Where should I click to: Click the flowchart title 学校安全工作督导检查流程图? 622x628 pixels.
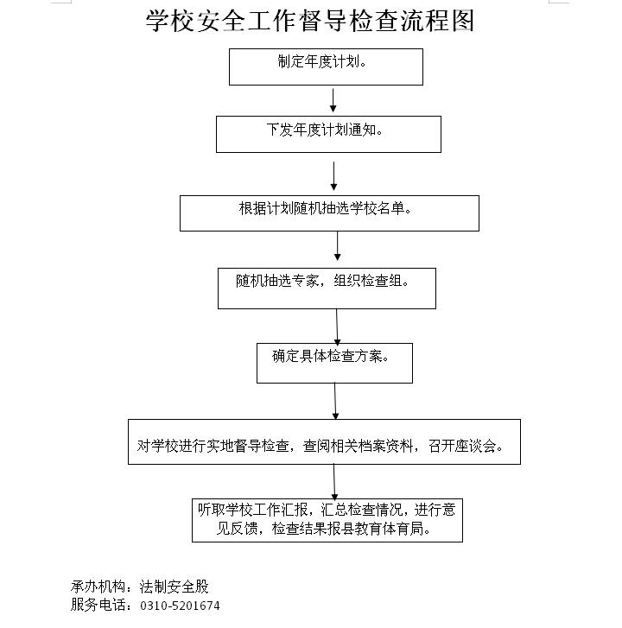(310, 21)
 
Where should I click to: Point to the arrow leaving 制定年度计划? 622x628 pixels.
(333, 100)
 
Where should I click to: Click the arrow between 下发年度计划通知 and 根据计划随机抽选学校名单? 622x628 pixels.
(333, 176)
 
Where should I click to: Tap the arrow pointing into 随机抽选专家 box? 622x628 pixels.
(337, 246)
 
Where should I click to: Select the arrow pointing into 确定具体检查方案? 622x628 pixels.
(337, 327)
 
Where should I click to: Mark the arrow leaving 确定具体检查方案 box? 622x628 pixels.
(335, 402)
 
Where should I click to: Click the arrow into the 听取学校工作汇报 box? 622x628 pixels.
(334, 482)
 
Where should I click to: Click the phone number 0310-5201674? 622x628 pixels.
(180, 606)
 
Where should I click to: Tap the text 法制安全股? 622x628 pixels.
(175, 587)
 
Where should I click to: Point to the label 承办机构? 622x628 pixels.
(98, 587)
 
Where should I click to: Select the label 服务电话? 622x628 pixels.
(98, 605)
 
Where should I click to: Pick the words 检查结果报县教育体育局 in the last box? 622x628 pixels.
(347, 529)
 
